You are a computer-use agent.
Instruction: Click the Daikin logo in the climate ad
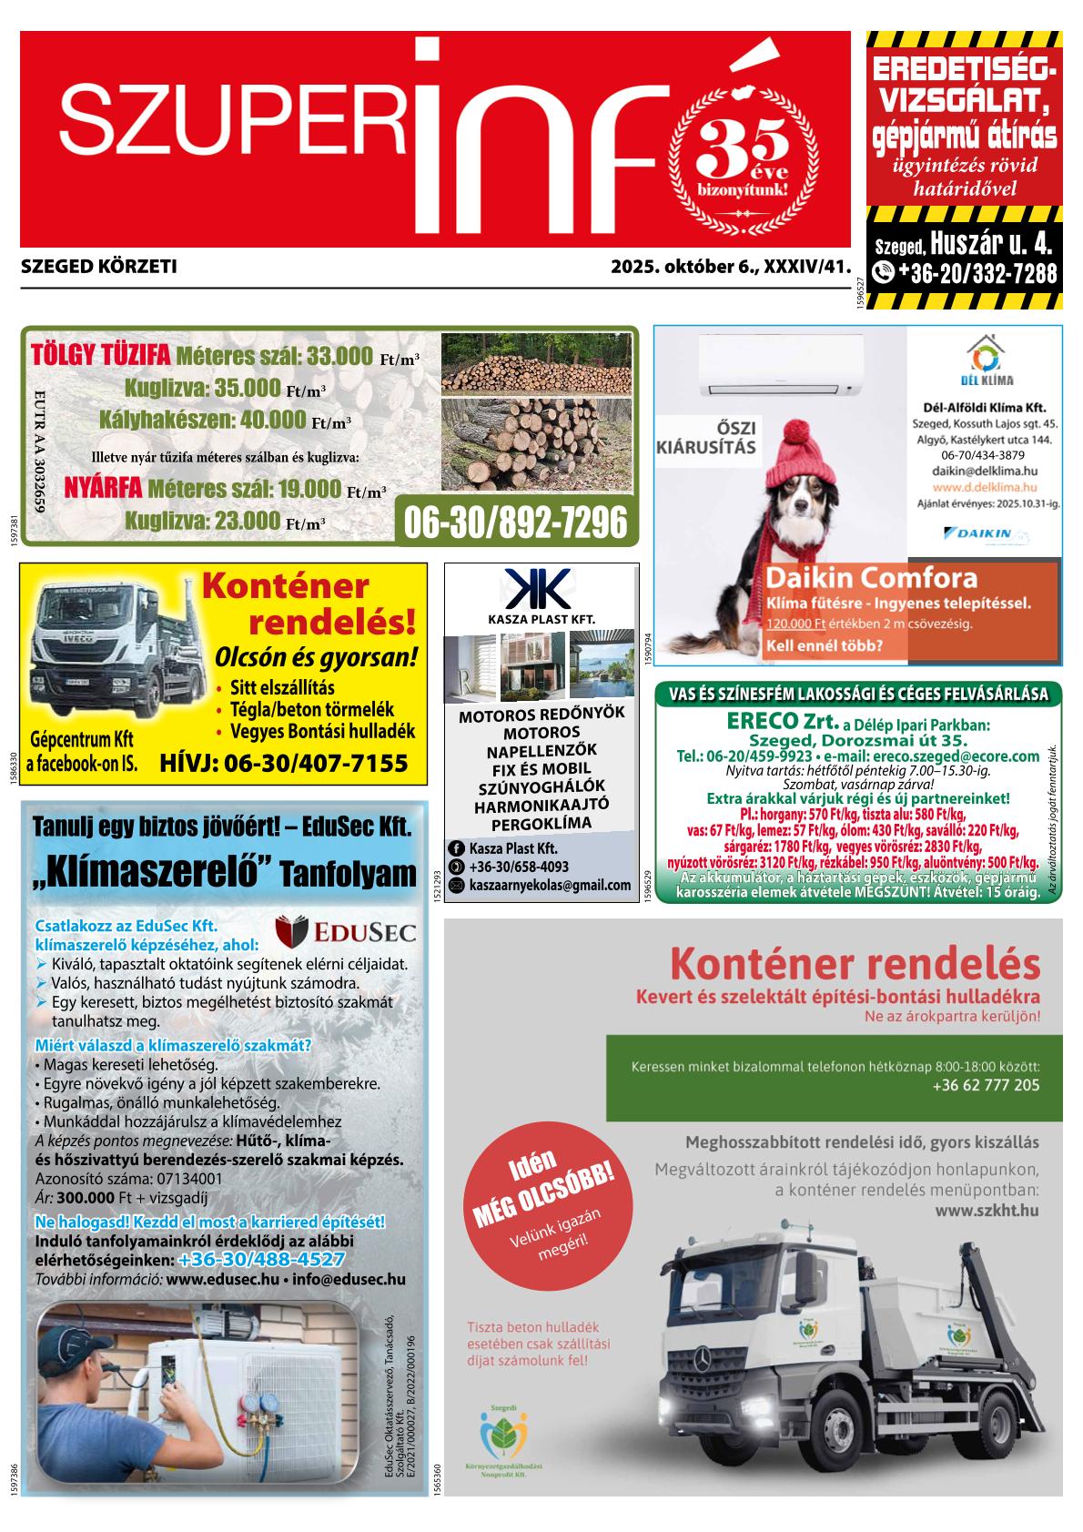(982, 533)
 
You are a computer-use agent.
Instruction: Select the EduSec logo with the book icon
(345, 931)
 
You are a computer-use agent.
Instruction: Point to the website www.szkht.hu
(987, 1212)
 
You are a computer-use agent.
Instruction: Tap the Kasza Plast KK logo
(539, 589)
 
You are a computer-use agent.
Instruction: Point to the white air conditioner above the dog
(781, 366)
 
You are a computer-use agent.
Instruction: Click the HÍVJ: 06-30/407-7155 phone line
(283, 763)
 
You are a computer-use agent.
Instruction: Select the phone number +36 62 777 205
(986, 1085)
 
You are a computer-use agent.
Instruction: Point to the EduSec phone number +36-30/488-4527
(262, 1260)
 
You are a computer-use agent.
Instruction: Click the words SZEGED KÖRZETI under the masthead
(98, 268)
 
